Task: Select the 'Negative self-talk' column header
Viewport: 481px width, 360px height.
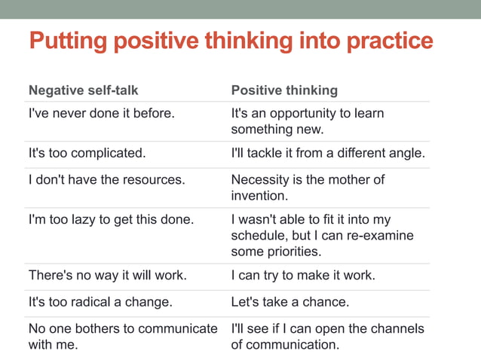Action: (83, 90)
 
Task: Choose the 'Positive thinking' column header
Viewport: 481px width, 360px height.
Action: (284, 90)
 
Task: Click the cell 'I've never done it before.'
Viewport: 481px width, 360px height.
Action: (101, 114)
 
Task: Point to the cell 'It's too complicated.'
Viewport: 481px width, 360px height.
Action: (87, 154)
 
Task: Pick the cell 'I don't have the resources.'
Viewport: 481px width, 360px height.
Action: (106, 180)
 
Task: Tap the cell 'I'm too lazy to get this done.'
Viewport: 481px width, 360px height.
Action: (111, 220)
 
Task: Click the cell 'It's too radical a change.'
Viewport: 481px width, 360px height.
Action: (100, 303)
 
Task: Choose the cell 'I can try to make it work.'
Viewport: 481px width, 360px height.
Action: (303, 276)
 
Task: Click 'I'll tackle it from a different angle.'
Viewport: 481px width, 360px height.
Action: (328, 154)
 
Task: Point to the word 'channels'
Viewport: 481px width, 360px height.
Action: (397, 329)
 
